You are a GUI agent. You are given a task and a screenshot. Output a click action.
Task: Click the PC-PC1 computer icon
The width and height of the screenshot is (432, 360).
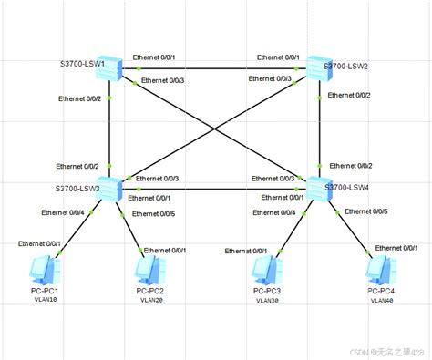tap(44, 269)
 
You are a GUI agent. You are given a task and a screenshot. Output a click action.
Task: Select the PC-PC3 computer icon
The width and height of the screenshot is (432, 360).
tap(268, 270)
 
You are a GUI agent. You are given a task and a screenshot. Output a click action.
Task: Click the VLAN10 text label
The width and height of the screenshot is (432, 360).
tap(45, 300)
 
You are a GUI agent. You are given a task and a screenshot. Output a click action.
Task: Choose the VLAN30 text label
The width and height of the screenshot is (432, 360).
tap(268, 300)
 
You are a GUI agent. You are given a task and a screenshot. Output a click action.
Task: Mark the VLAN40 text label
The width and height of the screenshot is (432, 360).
tap(381, 300)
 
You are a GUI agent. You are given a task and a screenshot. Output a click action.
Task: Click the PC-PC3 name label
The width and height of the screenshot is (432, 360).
tap(268, 291)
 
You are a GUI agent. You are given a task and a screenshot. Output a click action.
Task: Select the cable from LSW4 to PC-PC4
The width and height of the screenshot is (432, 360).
tap(352, 228)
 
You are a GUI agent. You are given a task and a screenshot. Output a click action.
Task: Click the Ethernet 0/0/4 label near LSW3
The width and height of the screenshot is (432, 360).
tap(63, 212)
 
